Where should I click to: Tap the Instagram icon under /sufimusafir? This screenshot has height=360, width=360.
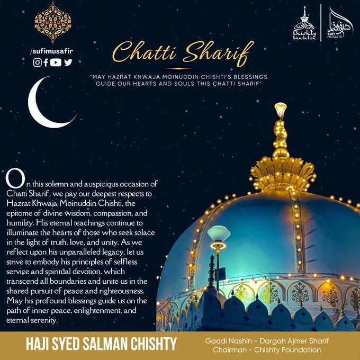click(38, 62)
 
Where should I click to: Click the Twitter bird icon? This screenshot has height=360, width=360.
click(68, 62)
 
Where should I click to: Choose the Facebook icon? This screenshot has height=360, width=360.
click(46, 62)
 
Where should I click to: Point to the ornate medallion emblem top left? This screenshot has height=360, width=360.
click(52, 22)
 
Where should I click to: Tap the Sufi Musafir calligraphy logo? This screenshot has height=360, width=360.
click(339, 24)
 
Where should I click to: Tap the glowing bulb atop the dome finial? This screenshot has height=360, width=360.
click(280, 109)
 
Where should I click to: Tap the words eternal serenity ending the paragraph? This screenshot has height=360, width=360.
click(32, 321)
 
